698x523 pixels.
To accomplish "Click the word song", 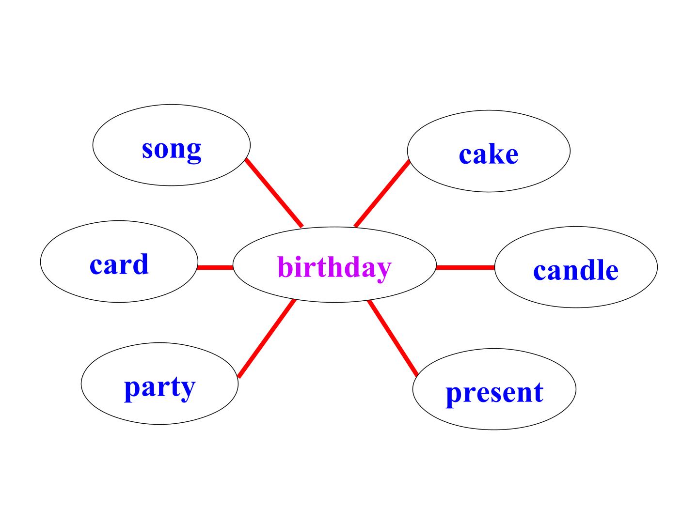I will pos(172,149).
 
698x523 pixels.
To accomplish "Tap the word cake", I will pos(489,154).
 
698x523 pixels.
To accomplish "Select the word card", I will pos(119,264).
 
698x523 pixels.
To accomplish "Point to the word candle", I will pos(576,270).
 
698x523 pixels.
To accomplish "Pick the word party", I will pos(160,387).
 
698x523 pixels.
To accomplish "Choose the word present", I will pos(494,392).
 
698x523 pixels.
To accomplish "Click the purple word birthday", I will pos(334,267).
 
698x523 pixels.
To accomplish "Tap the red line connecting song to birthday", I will pos(274,193).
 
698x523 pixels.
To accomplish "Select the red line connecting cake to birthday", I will pos(382,194).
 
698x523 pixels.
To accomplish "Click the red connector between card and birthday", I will pos(215,267).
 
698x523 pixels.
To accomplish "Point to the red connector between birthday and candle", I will pos(465,267).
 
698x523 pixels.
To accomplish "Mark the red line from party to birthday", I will pos(267,338).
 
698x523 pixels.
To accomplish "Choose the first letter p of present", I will pos(453,395).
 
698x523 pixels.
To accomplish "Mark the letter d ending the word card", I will pos(141,263).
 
